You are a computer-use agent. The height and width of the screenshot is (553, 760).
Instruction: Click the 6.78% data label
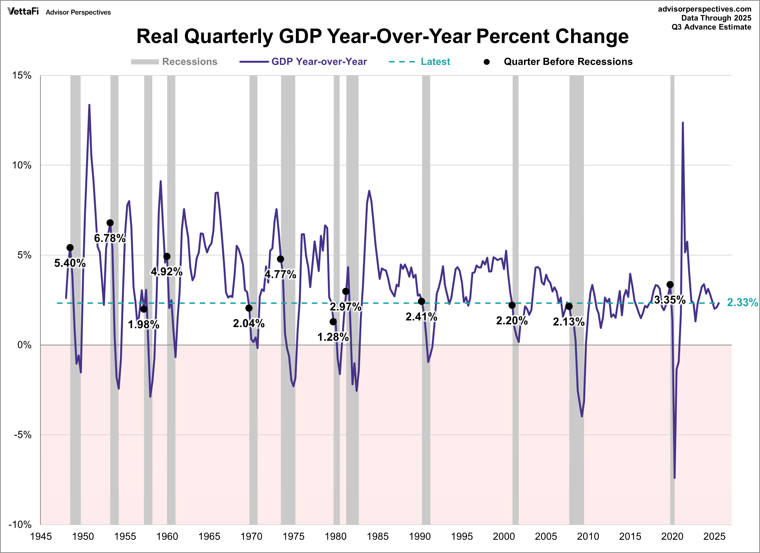(109, 238)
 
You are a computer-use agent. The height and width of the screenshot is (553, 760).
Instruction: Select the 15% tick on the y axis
(22, 76)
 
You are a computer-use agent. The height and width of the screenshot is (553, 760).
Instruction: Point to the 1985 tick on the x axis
(378, 536)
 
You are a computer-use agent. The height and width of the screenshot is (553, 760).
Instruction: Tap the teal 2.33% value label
(742, 302)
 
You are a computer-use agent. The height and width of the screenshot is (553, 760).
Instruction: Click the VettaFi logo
(23, 12)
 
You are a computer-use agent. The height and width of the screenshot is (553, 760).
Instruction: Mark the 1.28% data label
(333, 337)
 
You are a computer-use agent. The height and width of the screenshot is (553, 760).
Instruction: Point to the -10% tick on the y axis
(20, 525)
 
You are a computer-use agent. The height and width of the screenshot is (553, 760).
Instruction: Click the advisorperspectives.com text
(704, 9)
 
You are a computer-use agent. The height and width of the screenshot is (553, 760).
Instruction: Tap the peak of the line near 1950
(89, 105)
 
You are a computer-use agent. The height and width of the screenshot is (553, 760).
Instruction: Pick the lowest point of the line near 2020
(675, 477)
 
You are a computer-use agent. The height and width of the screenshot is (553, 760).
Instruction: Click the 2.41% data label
(421, 317)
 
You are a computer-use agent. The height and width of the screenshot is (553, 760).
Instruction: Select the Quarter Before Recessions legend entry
(568, 62)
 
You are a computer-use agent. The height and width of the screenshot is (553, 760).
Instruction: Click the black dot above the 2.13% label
(569, 306)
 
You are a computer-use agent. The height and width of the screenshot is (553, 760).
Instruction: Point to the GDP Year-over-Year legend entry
(319, 62)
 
